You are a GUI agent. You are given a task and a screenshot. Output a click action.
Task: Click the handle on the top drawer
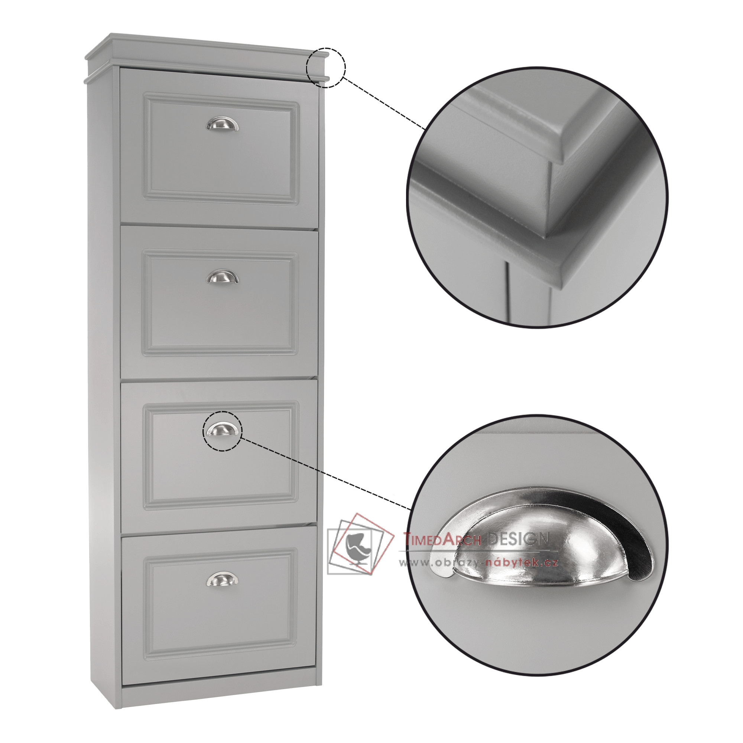[x=222, y=124]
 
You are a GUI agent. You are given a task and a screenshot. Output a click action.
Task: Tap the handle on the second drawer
[x=222, y=277]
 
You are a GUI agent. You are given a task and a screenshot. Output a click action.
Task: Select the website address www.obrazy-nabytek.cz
[x=478, y=563]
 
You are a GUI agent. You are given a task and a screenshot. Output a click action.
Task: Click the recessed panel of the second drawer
[x=221, y=304]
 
